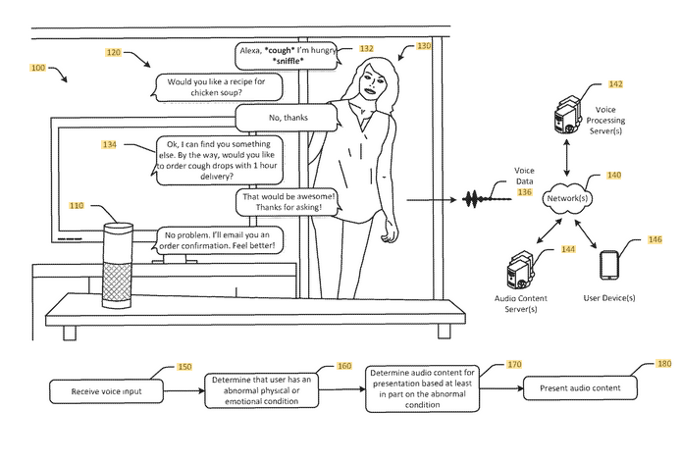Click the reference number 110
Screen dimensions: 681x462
coord(77,206)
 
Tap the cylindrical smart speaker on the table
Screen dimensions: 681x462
coord(117,265)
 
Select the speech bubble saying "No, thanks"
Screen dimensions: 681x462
coord(287,118)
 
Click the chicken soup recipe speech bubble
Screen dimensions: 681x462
coord(217,87)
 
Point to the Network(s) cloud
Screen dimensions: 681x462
coord(567,199)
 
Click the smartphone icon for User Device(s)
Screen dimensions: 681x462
coord(609,265)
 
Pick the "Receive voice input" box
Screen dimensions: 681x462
coord(106,391)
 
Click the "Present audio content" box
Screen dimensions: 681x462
coord(580,388)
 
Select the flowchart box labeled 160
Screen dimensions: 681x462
coord(261,390)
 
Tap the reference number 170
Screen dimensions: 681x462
coord(514,364)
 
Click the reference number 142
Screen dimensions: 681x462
coord(615,84)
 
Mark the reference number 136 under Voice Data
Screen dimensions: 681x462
coord(525,192)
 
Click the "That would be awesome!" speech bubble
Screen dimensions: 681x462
coord(288,202)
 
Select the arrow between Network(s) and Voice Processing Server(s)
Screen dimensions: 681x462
coord(567,158)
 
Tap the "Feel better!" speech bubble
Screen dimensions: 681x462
coord(217,240)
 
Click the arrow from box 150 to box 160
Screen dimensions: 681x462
coord(184,390)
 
